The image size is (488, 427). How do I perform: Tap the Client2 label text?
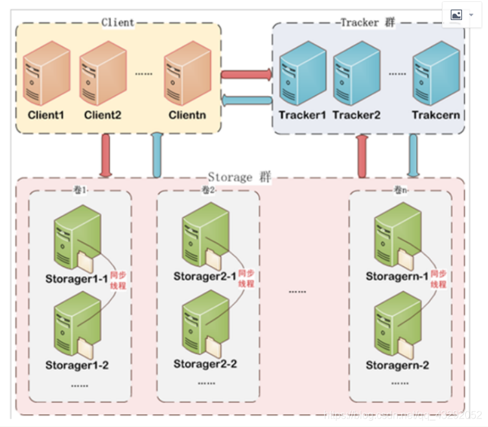tap(102, 115)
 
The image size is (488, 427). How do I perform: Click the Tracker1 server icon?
tap(301, 75)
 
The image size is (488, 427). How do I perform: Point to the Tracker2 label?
tap(356, 115)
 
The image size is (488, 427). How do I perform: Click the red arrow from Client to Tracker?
tap(246, 75)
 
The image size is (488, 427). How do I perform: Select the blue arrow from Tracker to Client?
tap(246, 100)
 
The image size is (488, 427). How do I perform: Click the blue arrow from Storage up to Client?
tap(156, 156)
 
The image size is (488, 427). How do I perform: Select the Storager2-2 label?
tap(205, 364)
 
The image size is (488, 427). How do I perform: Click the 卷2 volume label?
tap(208, 190)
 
